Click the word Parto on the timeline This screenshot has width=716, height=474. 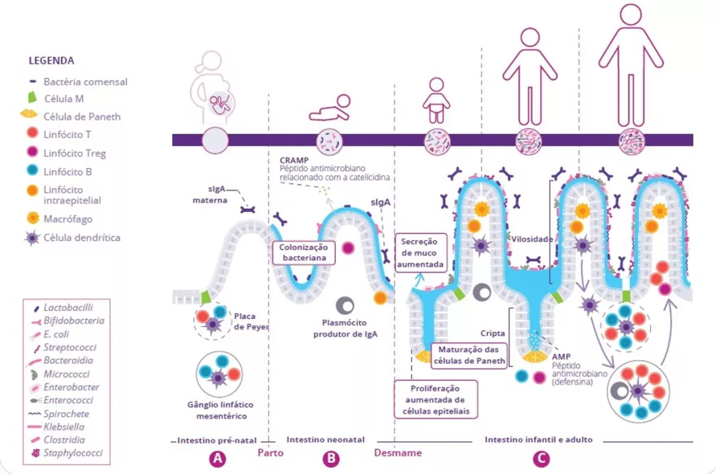click(x=271, y=452)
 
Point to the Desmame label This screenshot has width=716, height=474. click(x=397, y=452)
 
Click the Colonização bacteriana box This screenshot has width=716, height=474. click(x=303, y=253)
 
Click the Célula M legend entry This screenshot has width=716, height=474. click(x=64, y=99)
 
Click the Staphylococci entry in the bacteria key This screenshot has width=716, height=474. click(x=73, y=453)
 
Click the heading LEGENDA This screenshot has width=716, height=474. click(x=51, y=60)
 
